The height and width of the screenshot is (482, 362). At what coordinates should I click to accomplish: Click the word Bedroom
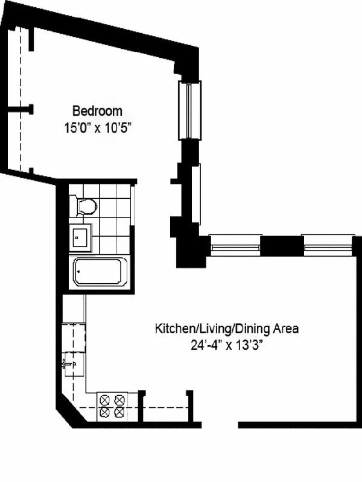[97, 111]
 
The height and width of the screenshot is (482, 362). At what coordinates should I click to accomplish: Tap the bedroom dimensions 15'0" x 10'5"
[97, 127]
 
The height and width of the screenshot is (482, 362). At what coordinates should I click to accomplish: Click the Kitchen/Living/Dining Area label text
[227, 329]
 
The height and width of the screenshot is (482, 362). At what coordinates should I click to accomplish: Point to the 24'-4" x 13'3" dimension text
[227, 345]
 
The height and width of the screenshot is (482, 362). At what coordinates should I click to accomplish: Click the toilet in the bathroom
[85, 207]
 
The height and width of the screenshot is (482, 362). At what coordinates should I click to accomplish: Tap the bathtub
[100, 272]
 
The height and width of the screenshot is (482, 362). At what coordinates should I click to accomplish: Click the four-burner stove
[113, 405]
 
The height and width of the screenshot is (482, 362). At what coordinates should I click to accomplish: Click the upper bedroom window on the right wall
[190, 110]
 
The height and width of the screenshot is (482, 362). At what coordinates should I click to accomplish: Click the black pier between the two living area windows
[281, 245]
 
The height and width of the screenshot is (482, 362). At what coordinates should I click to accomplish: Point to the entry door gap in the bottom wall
[219, 424]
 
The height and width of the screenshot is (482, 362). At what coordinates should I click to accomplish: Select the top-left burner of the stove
[105, 399]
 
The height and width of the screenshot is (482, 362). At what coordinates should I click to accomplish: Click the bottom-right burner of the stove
[120, 413]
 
